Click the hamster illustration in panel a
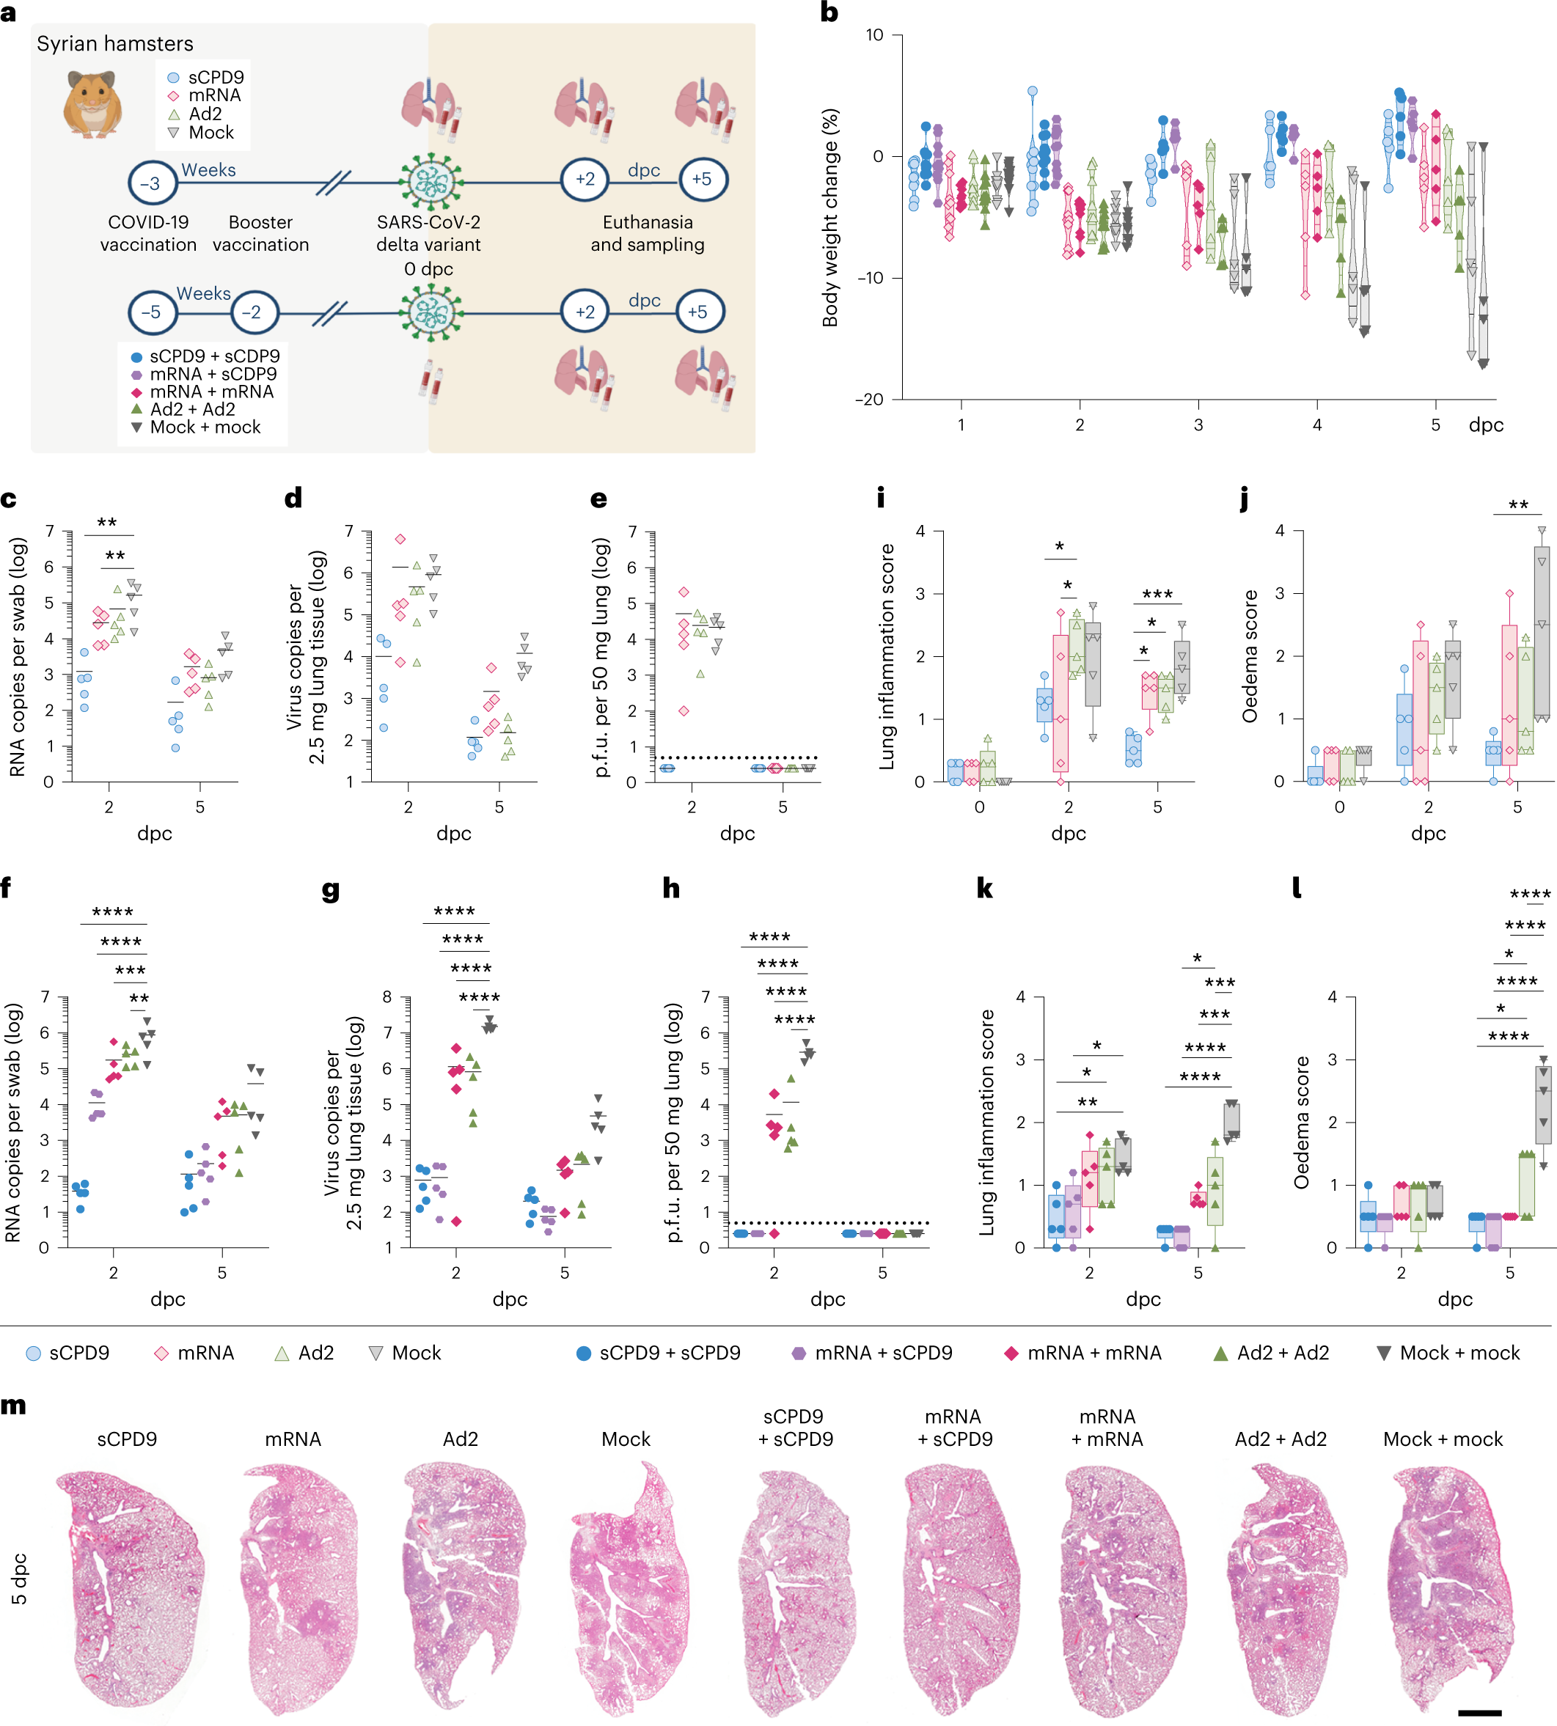pos(92,104)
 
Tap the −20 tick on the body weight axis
pos(869,400)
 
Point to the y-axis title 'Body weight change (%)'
pos(829,217)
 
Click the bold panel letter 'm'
pos(14,1406)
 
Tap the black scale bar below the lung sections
pos(1479,1712)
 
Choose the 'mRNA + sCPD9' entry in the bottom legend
pos(873,1353)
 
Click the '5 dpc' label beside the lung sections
pos(19,1579)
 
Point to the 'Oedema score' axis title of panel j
pos(1250,656)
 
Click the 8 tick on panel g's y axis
pos(387,996)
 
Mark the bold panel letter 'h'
pos(672,889)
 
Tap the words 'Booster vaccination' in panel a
pos(261,233)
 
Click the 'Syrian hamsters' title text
pos(114,43)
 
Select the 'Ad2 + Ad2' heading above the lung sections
pos(1281,1439)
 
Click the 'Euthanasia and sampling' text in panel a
pos(648,233)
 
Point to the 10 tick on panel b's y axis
pos(874,35)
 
